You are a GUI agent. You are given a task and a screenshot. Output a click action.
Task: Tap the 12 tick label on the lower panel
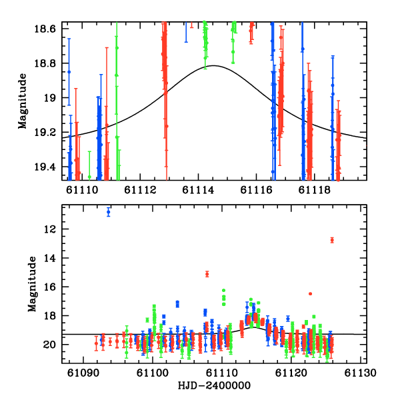pyautogui.click(x=55, y=229)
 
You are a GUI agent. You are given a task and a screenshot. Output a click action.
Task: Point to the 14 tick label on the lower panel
pyautogui.click(x=55, y=258)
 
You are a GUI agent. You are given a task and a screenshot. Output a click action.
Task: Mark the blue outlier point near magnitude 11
pyautogui.click(x=109, y=212)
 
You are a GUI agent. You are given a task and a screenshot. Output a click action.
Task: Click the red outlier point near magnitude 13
pyautogui.click(x=331, y=240)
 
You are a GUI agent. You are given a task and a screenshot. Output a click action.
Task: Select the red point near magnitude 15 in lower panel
pyautogui.click(x=207, y=274)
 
